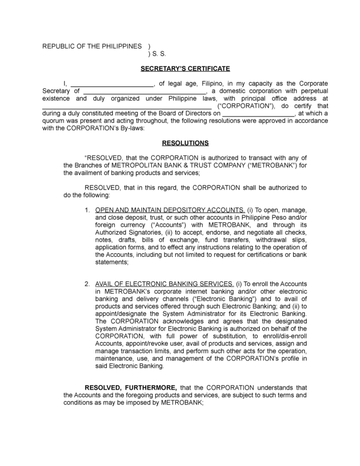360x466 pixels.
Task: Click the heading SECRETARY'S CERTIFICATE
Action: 185,69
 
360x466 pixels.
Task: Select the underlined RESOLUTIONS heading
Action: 185,143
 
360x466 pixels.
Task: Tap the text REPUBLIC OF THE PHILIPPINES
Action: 92,46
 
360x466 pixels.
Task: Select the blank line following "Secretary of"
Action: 143,91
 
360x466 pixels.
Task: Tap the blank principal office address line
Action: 127,106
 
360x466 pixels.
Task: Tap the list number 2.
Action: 87,284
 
